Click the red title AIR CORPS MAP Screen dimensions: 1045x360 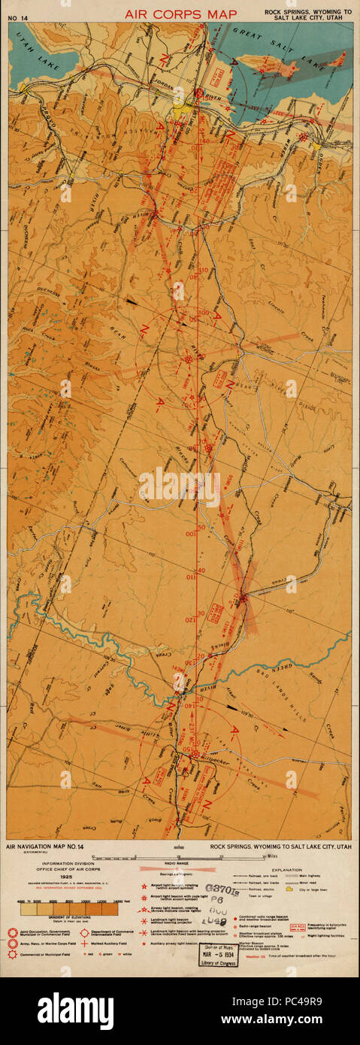180,14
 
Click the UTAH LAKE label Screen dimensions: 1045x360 27,45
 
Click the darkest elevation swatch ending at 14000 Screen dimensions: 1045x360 110,909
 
